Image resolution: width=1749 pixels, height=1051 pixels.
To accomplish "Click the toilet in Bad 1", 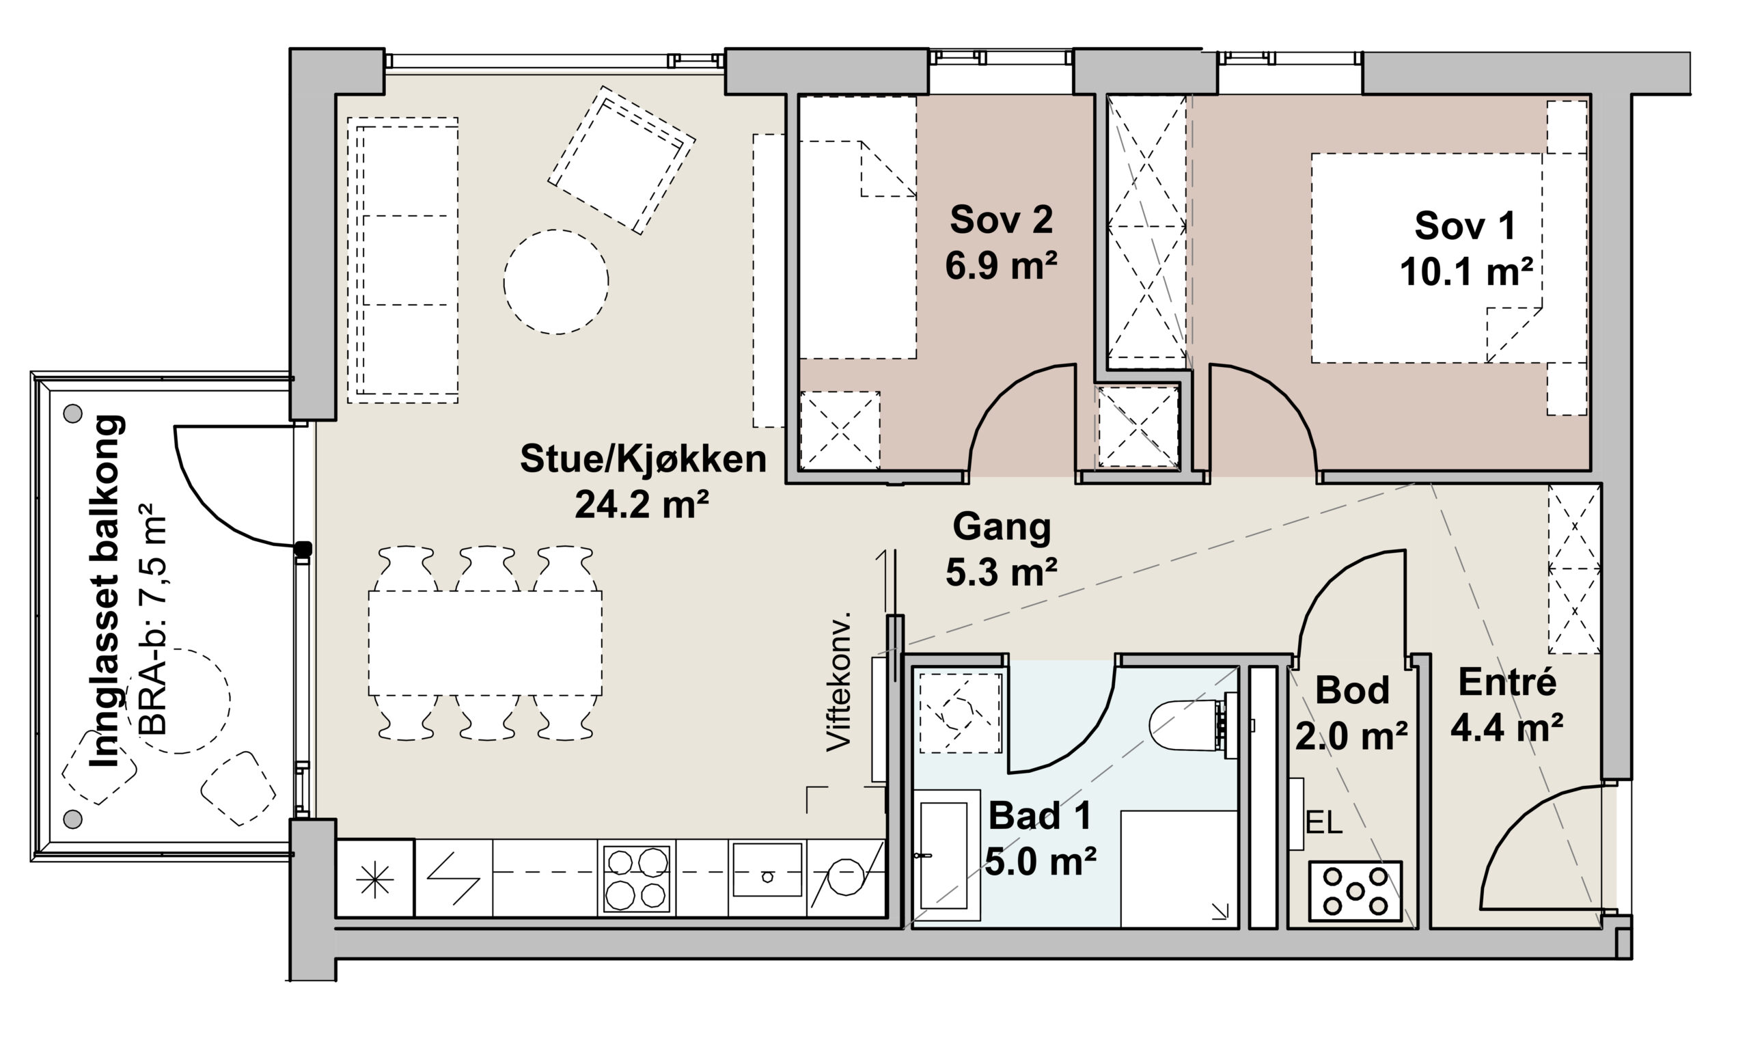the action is click(1192, 726).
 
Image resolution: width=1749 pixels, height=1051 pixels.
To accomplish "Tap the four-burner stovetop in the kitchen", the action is click(636, 878).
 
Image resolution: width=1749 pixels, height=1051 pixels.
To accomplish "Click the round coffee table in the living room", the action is click(556, 282).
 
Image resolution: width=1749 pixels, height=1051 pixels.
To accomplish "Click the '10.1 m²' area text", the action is click(1465, 272).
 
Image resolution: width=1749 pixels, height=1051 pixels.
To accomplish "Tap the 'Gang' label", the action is click(1002, 527).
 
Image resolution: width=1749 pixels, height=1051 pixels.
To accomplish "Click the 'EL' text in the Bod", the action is click(1323, 823).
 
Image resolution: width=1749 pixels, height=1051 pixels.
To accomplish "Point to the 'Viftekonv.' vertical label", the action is click(839, 681).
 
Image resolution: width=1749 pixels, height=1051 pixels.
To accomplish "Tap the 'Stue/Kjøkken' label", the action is click(643, 459).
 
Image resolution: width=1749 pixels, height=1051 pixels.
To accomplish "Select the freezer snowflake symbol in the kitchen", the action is click(374, 880).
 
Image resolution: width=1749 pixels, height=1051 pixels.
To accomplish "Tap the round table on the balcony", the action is click(178, 700).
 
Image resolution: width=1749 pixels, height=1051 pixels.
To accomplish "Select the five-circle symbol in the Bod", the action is click(1355, 891).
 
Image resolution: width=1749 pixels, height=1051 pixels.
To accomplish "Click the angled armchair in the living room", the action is click(621, 161).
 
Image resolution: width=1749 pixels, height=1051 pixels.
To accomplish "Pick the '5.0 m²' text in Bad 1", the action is click(1041, 862).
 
